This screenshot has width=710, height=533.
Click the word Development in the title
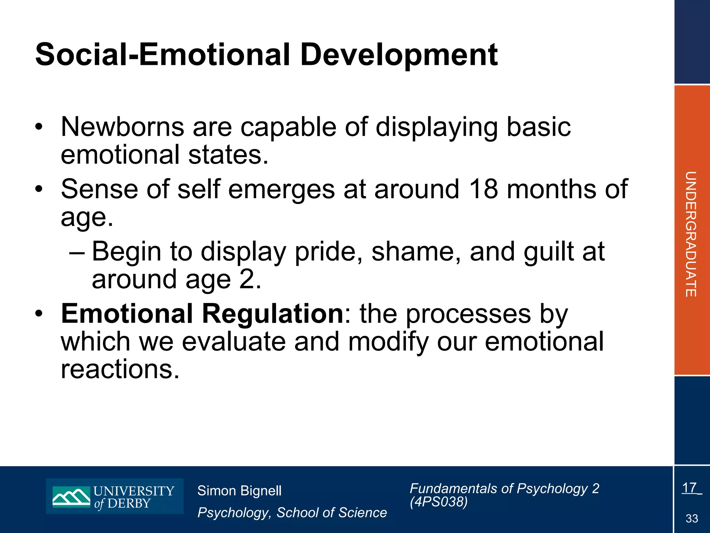point(399,56)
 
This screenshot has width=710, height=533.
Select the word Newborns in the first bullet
point(122,127)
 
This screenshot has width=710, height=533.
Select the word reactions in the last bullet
point(120,369)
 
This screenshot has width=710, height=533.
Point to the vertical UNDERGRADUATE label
point(691,234)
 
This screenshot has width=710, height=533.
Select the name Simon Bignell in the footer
point(239,491)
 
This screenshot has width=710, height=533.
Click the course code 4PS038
point(439,502)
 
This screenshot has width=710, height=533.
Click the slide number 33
point(692,519)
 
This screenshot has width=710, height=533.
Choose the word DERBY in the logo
point(129,504)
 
